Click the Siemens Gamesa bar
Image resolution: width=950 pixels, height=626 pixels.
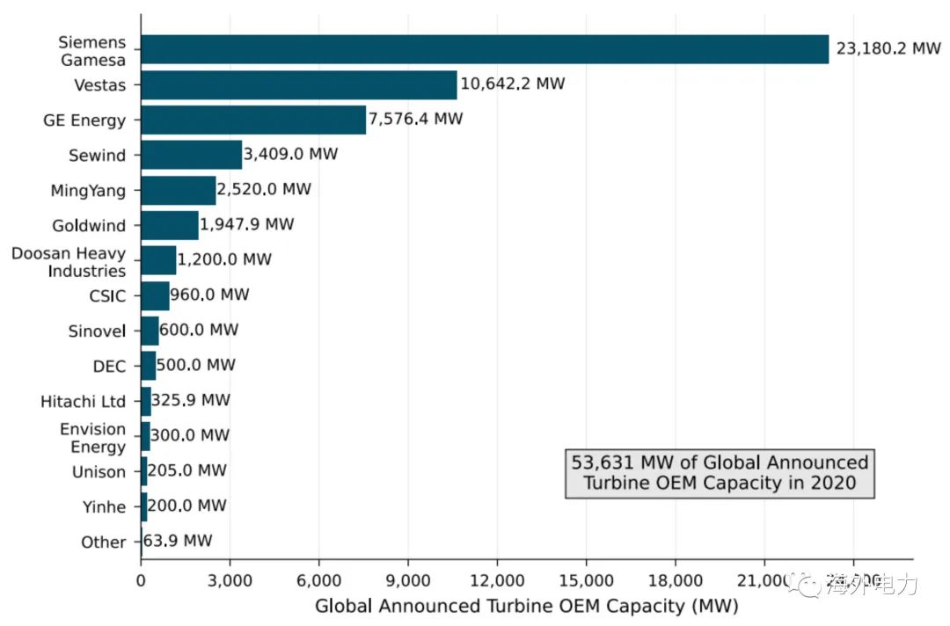point(484,49)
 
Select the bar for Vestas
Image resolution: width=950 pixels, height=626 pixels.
point(299,84)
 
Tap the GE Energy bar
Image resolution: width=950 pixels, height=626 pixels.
point(253,120)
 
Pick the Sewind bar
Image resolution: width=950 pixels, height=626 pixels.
point(191,155)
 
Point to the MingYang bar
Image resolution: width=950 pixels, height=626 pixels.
point(178,190)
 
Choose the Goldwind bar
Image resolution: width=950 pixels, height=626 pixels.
point(170,225)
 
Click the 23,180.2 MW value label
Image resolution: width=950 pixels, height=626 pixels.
point(888,49)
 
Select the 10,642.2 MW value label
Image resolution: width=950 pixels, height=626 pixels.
point(512,84)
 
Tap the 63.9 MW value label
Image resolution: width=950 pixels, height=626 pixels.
point(177,542)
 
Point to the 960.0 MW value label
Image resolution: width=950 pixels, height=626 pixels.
point(209,295)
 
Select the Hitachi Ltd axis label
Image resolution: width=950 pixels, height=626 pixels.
point(83,402)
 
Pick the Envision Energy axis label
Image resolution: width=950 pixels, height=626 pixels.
point(92,438)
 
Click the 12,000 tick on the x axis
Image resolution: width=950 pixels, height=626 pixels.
point(497,580)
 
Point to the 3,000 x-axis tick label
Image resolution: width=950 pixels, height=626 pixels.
point(230,580)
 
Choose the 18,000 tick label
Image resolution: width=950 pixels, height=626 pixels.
point(675,580)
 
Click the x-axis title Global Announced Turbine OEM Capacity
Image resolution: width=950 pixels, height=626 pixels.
point(526,607)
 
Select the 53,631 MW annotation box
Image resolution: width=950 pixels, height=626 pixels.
point(720,473)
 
